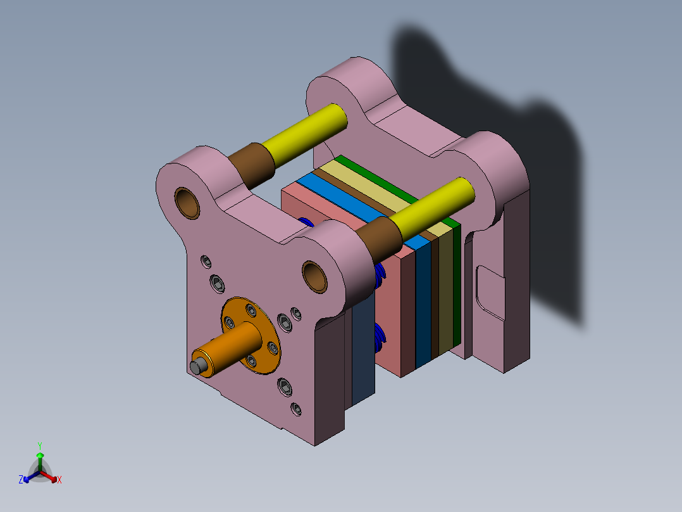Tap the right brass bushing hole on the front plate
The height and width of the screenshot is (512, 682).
pos(314,276)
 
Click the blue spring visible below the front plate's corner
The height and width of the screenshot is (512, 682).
pos(380,339)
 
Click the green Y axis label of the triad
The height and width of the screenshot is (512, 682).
pos(39,445)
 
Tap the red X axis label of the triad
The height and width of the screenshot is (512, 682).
pos(59,480)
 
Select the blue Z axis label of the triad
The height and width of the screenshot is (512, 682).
pos(21,480)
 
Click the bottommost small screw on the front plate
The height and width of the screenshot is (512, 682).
pos(295,409)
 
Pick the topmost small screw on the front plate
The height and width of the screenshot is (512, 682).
pos(206,260)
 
